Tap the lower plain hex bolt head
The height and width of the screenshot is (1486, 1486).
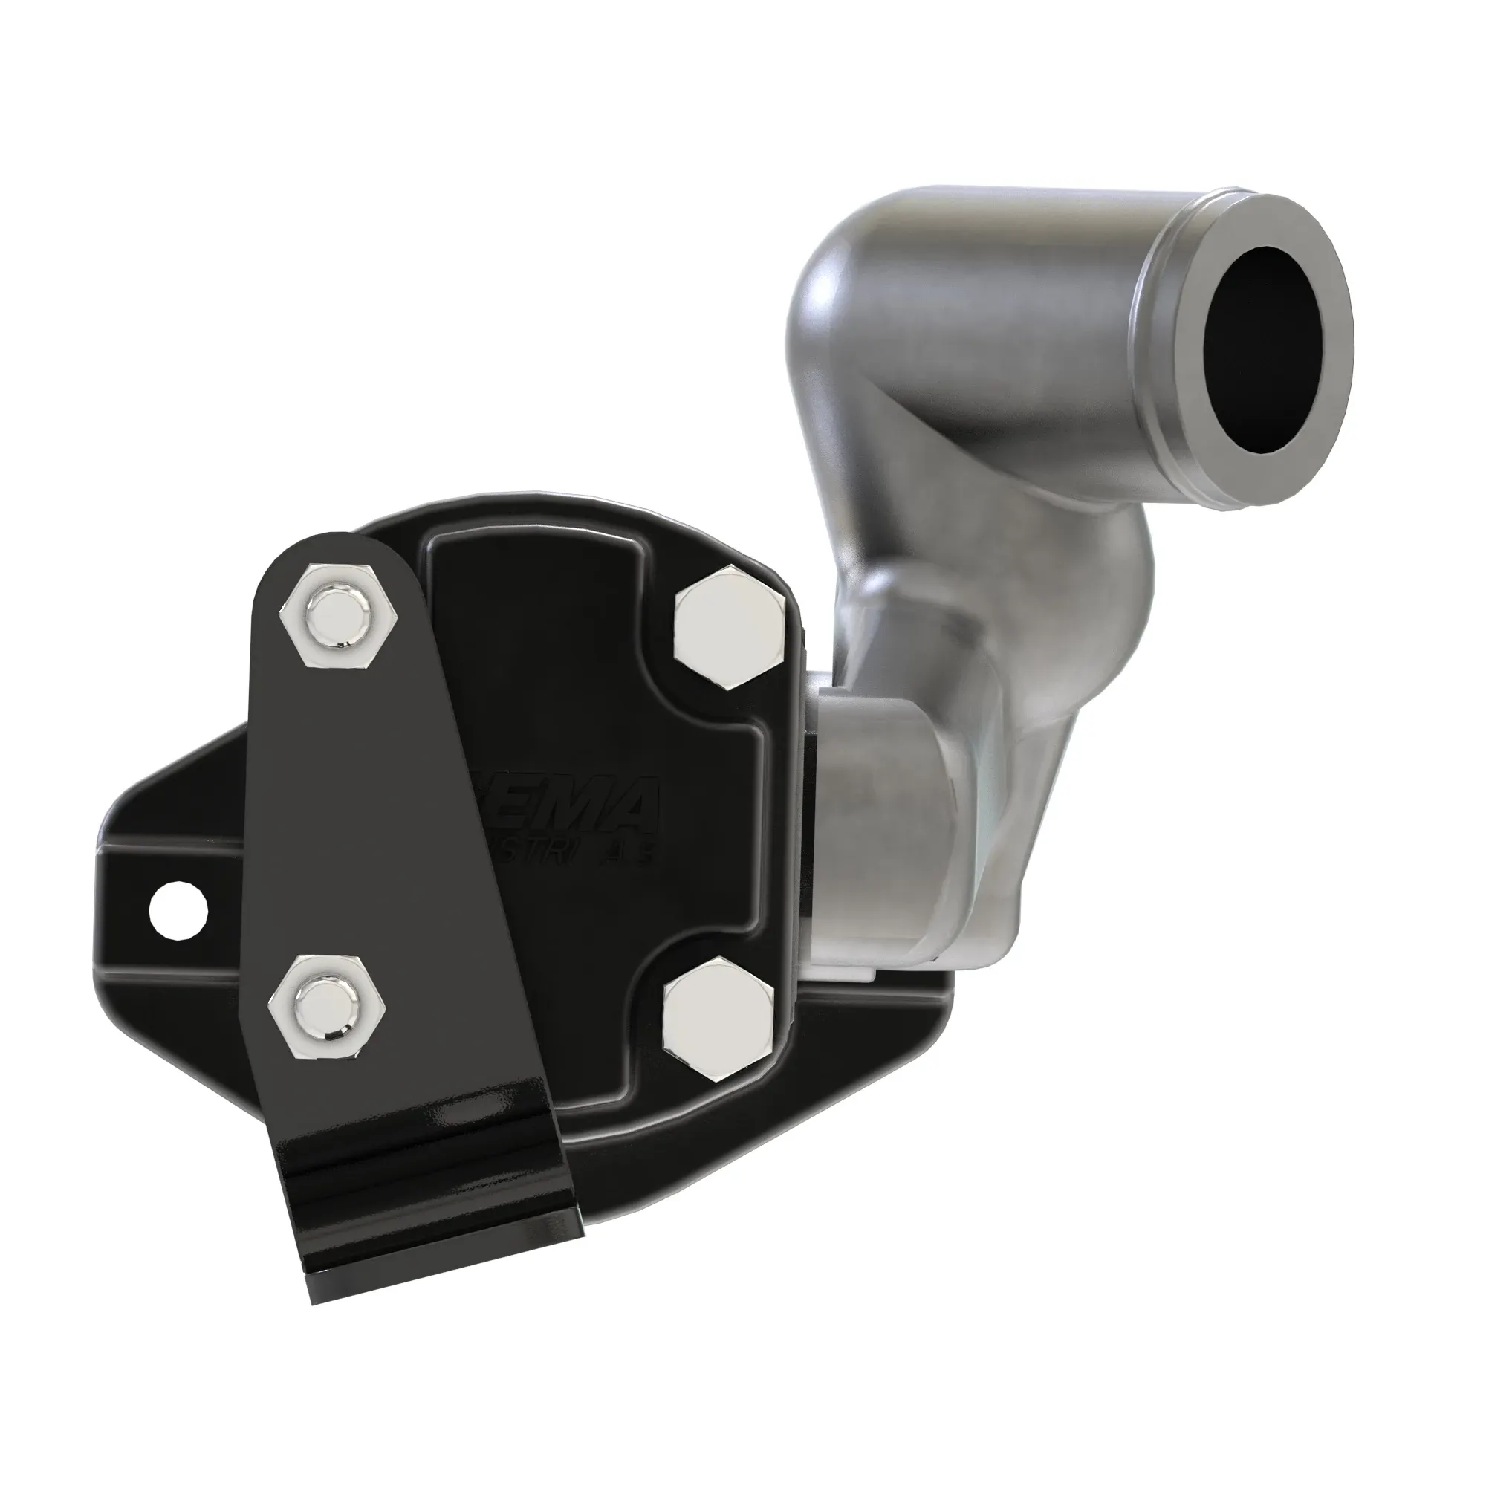[718, 1014]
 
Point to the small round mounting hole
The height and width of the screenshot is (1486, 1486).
[178, 912]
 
